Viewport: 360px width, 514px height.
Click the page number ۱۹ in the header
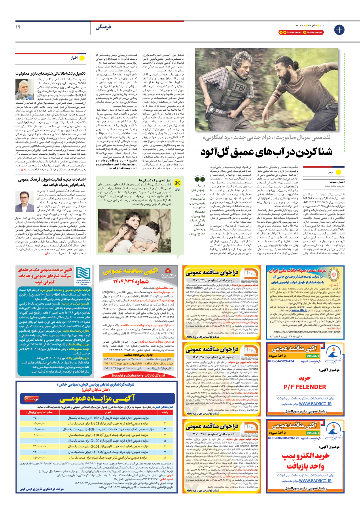click(x=18, y=27)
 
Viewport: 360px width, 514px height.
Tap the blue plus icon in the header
click(x=339, y=30)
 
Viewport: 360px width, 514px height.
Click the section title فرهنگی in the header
click(x=103, y=27)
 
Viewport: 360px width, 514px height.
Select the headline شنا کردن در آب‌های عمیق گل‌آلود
click(x=266, y=152)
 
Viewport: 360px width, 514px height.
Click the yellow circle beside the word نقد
click(x=339, y=172)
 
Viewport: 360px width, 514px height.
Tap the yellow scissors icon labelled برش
click(x=177, y=183)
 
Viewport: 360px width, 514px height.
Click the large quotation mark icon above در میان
click(x=200, y=179)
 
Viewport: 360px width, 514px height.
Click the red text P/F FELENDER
click(x=305, y=387)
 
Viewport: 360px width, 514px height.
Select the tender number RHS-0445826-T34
click(x=281, y=361)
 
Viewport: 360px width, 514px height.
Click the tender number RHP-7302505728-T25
click(x=283, y=438)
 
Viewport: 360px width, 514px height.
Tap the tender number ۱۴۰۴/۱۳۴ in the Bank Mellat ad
click(x=131, y=281)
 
